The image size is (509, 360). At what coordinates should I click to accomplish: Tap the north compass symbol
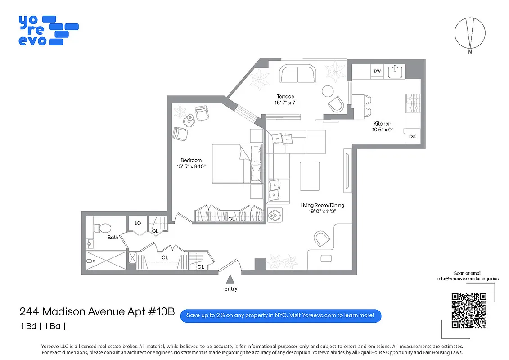coord(470,33)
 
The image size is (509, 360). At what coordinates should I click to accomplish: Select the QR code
coord(469,310)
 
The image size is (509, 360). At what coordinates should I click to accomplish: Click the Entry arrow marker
coord(230,279)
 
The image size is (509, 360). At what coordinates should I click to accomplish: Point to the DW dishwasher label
coord(377,72)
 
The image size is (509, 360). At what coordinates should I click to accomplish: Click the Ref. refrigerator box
coord(412,136)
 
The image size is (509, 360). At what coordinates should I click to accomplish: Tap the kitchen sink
coord(396,72)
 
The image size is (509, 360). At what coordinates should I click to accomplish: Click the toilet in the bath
coord(99,228)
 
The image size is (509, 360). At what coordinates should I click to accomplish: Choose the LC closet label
coord(138,223)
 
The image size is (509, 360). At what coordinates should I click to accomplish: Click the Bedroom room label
coord(191,160)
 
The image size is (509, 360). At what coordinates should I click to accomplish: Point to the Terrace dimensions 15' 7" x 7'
coord(285,103)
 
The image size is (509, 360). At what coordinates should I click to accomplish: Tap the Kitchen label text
coord(382,124)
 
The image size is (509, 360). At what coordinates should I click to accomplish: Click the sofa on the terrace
coord(297,73)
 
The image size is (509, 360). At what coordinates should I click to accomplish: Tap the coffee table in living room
coord(310,176)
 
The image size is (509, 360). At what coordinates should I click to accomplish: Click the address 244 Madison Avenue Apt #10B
coord(97,312)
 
